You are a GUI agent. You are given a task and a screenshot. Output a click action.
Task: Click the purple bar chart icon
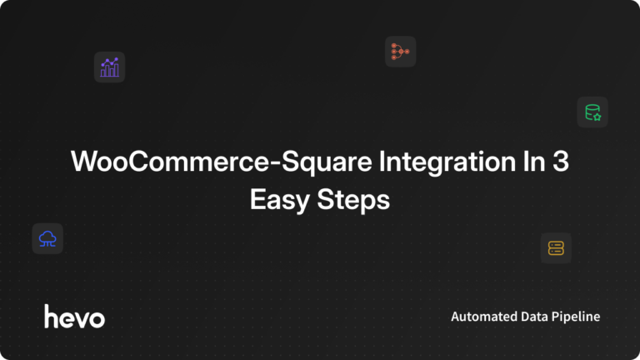[x=109, y=67]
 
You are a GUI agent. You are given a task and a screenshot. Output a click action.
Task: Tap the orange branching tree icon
[x=400, y=52]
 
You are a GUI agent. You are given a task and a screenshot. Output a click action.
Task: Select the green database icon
[x=592, y=112]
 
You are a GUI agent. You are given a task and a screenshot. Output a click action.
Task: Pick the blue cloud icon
[x=47, y=239]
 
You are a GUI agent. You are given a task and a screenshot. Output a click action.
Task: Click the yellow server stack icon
[x=556, y=247]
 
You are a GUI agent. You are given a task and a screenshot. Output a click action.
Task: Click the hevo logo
[x=74, y=317]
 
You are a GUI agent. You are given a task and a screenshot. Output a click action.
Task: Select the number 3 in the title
[x=561, y=162]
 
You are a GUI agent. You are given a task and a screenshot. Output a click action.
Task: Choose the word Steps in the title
[x=356, y=201]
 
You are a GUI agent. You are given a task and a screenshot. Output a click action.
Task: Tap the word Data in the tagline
[x=538, y=317]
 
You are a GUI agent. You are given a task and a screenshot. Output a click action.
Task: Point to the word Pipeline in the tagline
[x=579, y=317]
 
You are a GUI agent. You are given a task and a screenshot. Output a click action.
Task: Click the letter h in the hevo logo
[x=51, y=316]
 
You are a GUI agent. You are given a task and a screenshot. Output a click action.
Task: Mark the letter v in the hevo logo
[x=82, y=319]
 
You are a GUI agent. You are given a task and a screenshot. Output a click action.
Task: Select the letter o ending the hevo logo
[x=97, y=319]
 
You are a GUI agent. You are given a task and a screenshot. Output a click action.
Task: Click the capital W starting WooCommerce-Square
[x=86, y=162]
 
